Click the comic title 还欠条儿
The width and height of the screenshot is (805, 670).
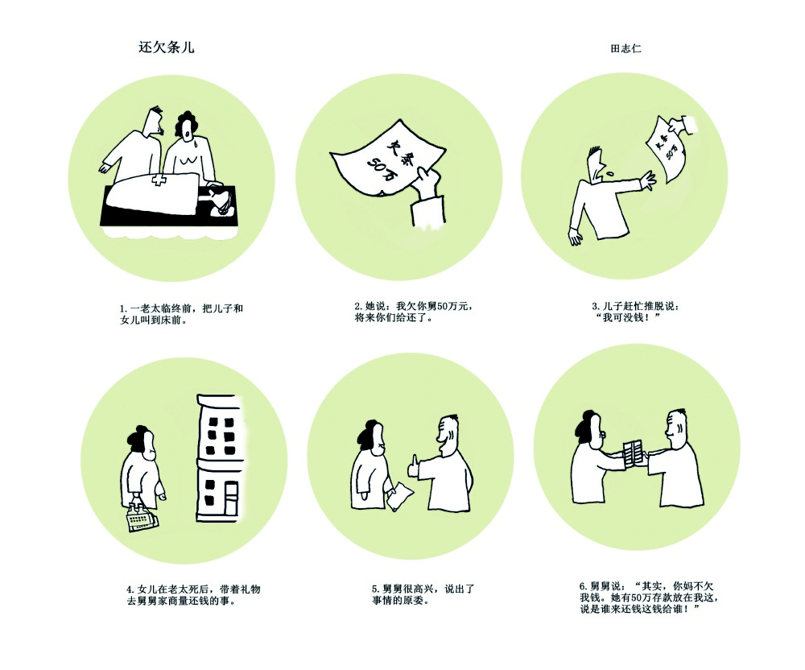click(x=167, y=48)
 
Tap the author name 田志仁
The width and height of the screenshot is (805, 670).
click(x=625, y=49)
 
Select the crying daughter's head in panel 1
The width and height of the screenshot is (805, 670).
click(x=187, y=127)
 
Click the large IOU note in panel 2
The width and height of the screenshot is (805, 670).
click(x=388, y=159)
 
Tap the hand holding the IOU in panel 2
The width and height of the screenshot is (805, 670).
click(x=429, y=186)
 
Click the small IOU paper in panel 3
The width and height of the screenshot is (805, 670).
click(x=667, y=150)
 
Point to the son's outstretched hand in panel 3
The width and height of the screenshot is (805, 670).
click(x=648, y=180)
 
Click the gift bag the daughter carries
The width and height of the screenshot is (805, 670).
click(x=141, y=517)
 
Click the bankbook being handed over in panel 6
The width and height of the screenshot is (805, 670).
click(x=633, y=453)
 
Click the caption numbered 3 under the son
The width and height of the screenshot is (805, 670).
click(x=636, y=312)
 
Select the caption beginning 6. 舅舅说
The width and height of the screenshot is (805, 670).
click(x=648, y=598)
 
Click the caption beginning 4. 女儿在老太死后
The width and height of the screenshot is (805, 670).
click(x=193, y=595)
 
